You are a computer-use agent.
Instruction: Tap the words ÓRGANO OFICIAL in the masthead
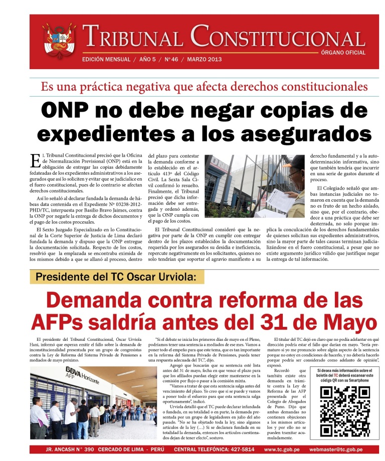point(343,53)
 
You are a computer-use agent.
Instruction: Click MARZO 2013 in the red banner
point(204,60)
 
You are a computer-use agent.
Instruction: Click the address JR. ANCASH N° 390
point(70,449)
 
